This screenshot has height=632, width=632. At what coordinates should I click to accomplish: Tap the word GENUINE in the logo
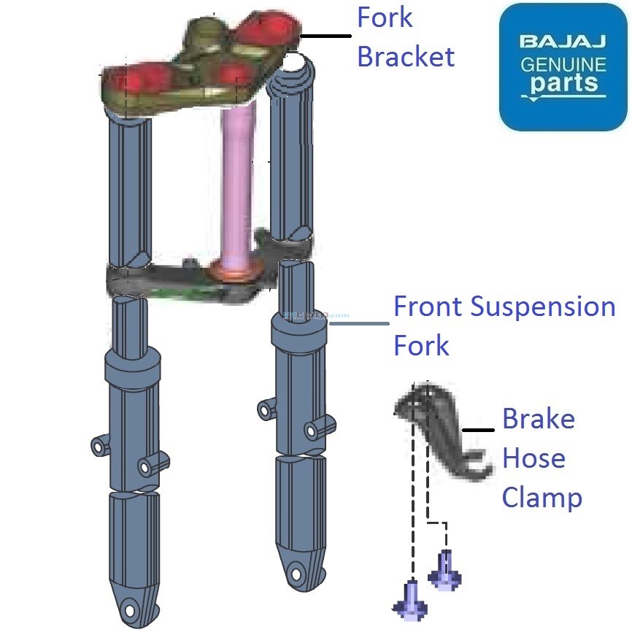point(563,64)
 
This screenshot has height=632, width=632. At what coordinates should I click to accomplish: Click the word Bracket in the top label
point(406,56)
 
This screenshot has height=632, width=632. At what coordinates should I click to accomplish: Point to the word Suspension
point(544,307)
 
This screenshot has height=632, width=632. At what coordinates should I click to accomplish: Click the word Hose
point(533,459)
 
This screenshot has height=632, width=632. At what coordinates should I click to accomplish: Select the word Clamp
point(542,498)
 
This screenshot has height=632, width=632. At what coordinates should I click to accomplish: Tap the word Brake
point(539,420)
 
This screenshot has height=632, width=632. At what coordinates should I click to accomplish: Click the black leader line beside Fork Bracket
point(325,36)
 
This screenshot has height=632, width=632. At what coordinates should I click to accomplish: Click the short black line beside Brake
point(479,431)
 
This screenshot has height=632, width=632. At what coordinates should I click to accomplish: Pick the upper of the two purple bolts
point(444,570)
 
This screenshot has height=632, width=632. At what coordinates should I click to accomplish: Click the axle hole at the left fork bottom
point(131,607)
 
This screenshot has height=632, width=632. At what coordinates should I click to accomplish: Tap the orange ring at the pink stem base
point(235,272)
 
